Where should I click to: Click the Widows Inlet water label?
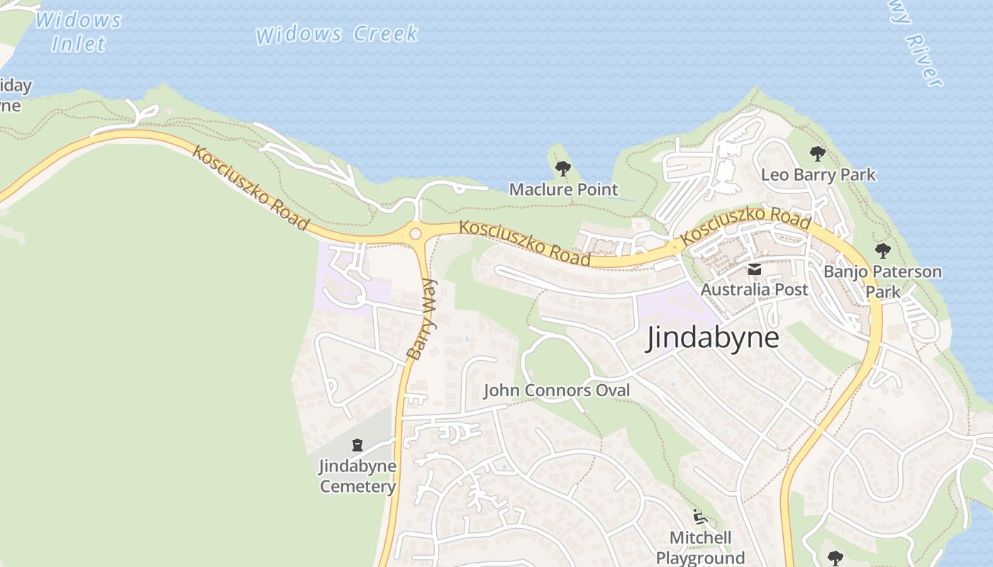pos(78,31)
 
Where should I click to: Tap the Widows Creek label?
pos(337,34)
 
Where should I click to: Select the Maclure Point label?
pos(564,189)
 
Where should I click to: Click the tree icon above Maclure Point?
pos(563,169)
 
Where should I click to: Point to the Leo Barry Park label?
pos(818,174)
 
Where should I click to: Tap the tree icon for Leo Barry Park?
pos(818,153)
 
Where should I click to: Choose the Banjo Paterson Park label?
pos(882,281)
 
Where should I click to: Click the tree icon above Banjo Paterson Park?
pos(882,250)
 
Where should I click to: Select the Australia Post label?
pos(754,289)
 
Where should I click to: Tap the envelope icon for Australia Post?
pos(754,269)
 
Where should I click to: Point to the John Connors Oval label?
pos(557,391)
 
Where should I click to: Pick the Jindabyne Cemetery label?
pos(357,476)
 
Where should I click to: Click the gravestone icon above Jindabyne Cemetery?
pos(357,445)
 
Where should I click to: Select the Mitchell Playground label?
pos(700,547)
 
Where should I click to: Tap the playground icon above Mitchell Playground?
pos(700,516)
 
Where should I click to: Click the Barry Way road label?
pos(423,318)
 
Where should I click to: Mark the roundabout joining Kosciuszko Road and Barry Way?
pos(416,233)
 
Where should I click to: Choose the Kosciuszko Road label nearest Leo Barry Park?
pos(745,228)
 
